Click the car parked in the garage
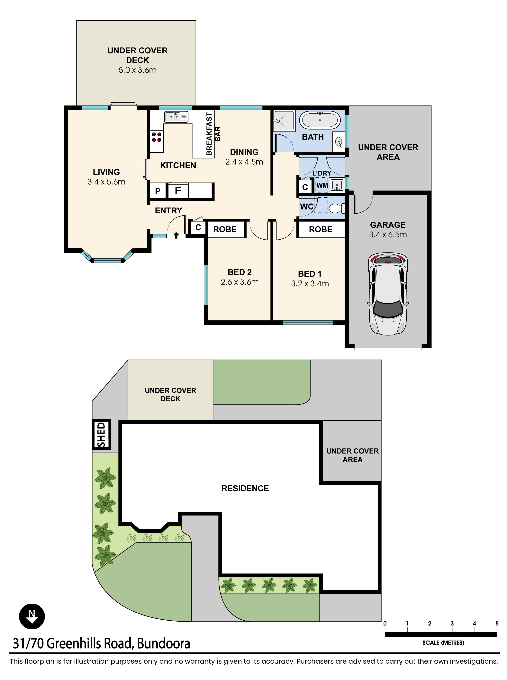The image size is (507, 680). point(388,293)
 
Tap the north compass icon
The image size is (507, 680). point(32,616)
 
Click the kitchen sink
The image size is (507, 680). point(176,117)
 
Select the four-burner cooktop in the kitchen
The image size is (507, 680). point(157,137)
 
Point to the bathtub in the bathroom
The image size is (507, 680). point(320,120)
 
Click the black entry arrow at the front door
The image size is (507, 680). point(176,235)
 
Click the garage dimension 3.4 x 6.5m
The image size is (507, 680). point(388,235)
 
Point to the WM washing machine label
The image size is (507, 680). point(322,186)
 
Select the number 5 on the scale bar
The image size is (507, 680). point(497,623)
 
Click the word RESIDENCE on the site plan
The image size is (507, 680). point(245,489)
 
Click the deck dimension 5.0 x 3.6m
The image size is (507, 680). point(138,70)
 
